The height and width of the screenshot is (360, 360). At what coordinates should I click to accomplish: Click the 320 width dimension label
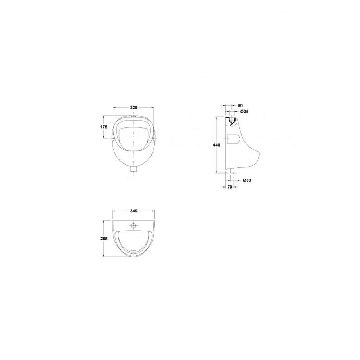[134, 107]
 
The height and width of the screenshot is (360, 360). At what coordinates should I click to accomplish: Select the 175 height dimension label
[104, 127]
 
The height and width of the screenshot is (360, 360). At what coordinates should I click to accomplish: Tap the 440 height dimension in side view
[216, 145]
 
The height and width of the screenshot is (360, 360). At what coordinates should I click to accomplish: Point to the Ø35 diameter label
[244, 112]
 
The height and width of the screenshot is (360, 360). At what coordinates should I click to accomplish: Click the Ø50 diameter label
[247, 180]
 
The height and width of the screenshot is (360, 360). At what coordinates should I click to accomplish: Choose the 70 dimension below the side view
[230, 187]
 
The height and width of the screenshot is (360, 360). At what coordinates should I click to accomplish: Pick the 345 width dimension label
[134, 211]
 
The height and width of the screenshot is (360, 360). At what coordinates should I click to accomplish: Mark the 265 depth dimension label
[104, 239]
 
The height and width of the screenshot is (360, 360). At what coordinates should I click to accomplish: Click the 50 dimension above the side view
[240, 105]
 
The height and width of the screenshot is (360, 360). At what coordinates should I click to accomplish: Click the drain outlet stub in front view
[134, 170]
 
